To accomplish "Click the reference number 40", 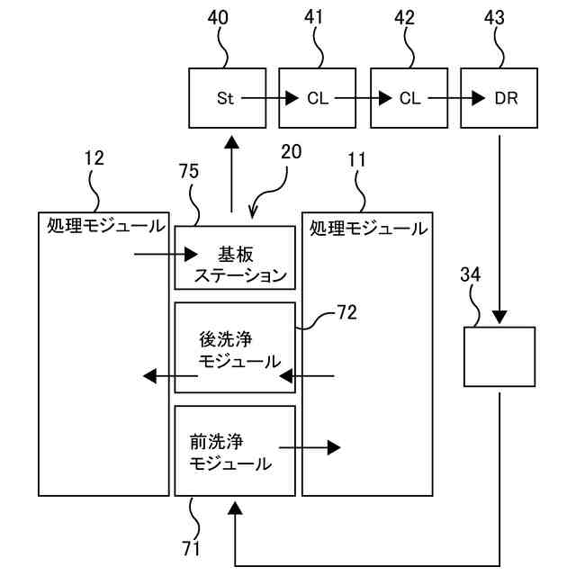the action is click(218, 18).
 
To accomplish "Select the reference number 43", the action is click(494, 18).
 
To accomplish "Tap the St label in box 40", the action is click(225, 98).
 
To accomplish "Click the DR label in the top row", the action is click(506, 98).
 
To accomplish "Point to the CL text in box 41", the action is click(318, 98).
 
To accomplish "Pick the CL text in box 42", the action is click(410, 98).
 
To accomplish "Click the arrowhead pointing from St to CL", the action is click(292, 98).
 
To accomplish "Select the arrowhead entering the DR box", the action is click(478, 98).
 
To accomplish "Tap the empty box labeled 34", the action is click(499, 356).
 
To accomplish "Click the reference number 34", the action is click(471, 274).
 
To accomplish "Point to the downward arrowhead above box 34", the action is click(499, 317).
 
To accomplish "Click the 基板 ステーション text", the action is click(240, 265).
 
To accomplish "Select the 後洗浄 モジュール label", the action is click(239, 350).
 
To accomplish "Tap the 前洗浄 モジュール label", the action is click(230, 453).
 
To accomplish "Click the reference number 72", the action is click(347, 312).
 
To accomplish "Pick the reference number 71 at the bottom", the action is click(191, 549).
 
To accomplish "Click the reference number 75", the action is click(189, 171).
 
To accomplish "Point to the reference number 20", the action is click(292, 152).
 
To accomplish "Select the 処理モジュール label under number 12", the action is click(106, 226).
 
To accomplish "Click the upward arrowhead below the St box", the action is click(232, 142).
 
